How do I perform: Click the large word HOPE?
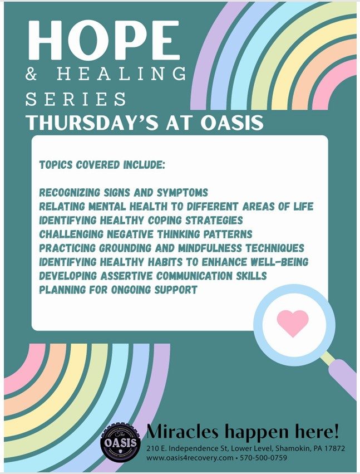click(x=104, y=41)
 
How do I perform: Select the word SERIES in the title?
click(x=76, y=99)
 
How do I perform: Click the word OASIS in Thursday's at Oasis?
click(x=232, y=123)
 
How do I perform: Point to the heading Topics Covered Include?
click(x=102, y=165)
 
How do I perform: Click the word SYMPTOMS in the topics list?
click(x=182, y=193)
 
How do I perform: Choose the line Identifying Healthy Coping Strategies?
click(x=141, y=221)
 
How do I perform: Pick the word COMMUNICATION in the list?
click(x=195, y=276)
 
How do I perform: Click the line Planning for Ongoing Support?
click(x=118, y=290)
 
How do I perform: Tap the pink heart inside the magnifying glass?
click(x=293, y=323)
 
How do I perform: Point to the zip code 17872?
click(x=334, y=448)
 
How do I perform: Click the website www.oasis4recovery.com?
click(x=190, y=458)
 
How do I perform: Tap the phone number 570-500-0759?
click(x=263, y=458)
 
